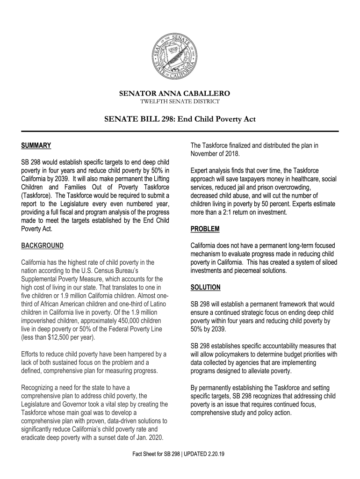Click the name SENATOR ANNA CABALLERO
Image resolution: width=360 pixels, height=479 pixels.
(180, 94)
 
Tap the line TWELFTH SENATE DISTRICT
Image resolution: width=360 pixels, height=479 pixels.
(180, 102)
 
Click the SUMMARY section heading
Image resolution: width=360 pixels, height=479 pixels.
(36, 145)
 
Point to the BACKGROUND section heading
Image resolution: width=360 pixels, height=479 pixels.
(43, 246)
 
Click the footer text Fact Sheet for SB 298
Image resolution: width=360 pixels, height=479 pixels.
(156, 454)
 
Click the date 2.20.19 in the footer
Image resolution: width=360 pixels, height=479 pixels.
(216, 454)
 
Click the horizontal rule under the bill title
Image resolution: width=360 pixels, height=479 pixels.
(180, 131)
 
